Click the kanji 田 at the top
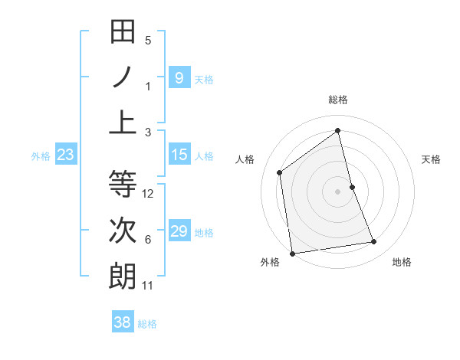tap(123, 32)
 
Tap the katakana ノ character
tap(123, 77)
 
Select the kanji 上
tap(123, 123)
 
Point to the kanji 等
tap(123, 185)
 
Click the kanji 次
tap(123, 231)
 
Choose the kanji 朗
tap(123, 276)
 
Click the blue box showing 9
tap(179, 78)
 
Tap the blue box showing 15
tap(179, 155)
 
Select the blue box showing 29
tap(179, 231)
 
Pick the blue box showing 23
tap(65, 155)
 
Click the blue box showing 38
tap(123, 322)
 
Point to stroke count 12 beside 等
tap(148, 194)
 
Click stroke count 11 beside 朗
tap(148, 286)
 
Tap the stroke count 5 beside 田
tap(148, 41)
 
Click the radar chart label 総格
tap(337, 100)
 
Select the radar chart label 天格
tap(431, 159)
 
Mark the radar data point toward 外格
tap(292, 253)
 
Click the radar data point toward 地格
tap(374, 242)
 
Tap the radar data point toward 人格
tap(280, 172)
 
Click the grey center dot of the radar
tap(337, 191)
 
